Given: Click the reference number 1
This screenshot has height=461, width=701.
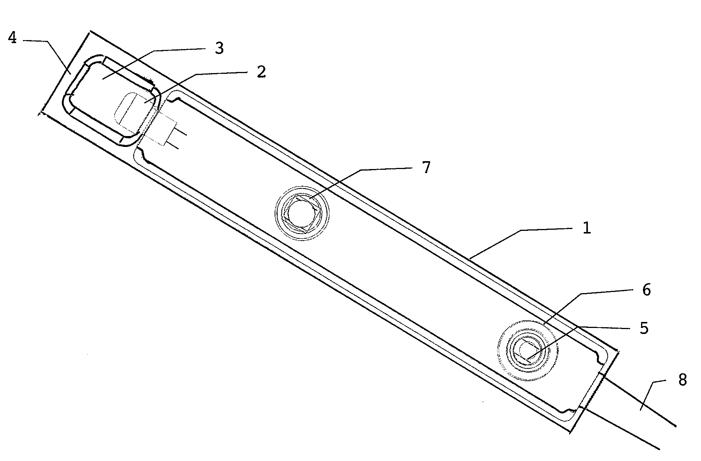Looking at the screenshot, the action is coord(587,228).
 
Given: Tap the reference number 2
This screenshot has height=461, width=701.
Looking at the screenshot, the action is coord(261,72).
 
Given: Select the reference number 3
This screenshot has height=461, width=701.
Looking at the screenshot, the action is coord(219,48).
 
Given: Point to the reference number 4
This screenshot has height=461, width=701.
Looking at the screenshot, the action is coord(12,38).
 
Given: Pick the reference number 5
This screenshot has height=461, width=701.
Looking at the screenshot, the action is coord(643,328).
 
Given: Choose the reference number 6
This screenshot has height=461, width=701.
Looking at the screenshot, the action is coord(646,290).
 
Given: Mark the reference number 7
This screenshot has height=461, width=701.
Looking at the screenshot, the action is coord(426,168).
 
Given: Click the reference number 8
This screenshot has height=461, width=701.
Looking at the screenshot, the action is coord(682,380).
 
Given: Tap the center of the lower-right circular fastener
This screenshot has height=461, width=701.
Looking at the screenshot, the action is coord(526,350).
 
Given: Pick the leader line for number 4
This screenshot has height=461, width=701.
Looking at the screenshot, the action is coord(48,57).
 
